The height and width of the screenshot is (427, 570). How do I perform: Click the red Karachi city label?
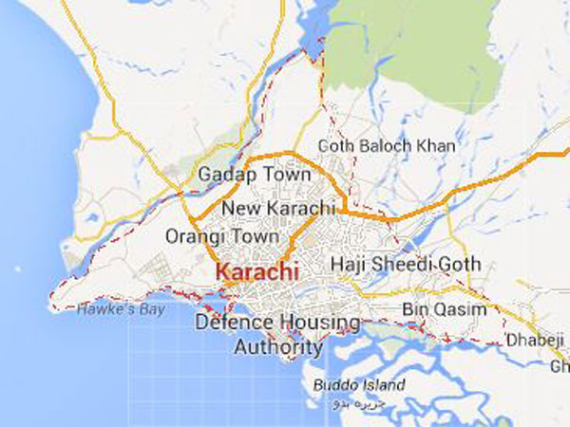pos(256,272)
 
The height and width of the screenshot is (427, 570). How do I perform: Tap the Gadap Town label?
pos(254,176)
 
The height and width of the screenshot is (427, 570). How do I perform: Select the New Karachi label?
pos(278,208)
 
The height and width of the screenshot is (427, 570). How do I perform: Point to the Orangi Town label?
pos(222,236)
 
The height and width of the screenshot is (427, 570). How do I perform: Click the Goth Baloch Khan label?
pos(386,147)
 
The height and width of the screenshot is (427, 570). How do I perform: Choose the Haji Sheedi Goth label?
pos(406,264)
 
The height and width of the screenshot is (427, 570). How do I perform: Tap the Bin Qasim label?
pos(444,310)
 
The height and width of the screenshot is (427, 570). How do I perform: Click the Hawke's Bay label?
pos(120,309)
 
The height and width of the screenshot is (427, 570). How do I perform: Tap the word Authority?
pos(278,347)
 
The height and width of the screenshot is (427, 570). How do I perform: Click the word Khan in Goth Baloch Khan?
pos(434,147)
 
